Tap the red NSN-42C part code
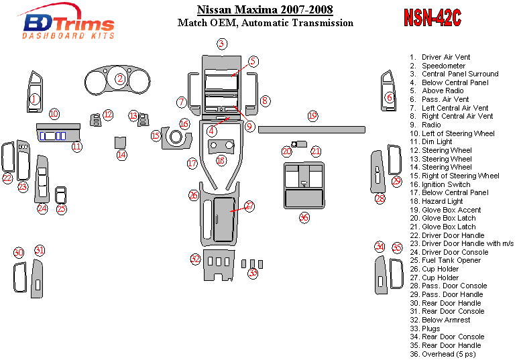(x=432, y=18)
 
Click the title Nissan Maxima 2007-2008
(x=265, y=10)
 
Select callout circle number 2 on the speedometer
(x=120, y=79)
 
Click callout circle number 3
(x=221, y=44)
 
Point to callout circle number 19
(x=312, y=116)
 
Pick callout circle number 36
(x=304, y=217)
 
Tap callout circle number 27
(x=249, y=206)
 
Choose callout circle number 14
(x=121, y=155)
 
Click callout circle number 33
(x=253, y=273)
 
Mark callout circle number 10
(x=54, y=114)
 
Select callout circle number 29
(x=396, y=182)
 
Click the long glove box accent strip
(x=311, y=128)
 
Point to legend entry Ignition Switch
(x=446, y=184)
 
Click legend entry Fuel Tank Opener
(x=451, y=260)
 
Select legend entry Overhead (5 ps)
(x=449, y=354)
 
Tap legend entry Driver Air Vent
(x=446, y=57)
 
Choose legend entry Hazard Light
(x=442, y=201)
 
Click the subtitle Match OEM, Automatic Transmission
(x=265, y=23)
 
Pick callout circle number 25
(x=61, y=209)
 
